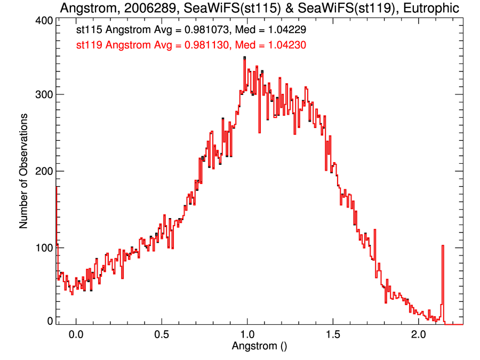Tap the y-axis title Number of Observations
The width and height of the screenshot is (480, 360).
tap(23, 171)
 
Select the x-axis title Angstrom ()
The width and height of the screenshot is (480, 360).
tap(260, 345)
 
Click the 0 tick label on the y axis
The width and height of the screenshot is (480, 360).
tap(50, 321)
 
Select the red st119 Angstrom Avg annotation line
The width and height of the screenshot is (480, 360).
tap(191, 46)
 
